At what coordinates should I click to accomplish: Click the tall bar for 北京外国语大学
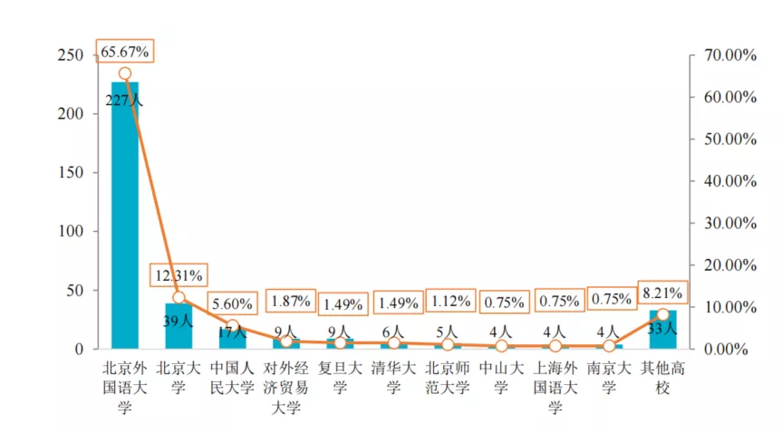124,217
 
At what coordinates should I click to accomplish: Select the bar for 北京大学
179,326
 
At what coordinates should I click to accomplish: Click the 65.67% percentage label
125,50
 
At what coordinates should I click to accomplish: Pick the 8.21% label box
661,292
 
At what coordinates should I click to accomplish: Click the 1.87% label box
290,301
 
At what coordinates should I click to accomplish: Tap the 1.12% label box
450,301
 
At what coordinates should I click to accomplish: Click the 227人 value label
124,101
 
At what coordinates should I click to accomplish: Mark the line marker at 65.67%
125,74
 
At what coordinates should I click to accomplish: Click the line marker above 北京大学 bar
179,297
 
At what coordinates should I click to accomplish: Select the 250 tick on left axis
77,55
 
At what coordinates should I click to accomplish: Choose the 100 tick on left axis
77,231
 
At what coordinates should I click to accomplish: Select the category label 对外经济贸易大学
286,388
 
